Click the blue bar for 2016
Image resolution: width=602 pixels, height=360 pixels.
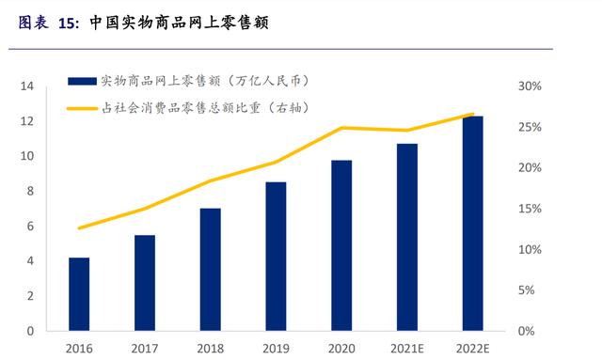[x=80, y=294]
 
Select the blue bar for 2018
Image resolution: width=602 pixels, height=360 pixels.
[x=211, y=270]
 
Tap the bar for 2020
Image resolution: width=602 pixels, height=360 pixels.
[x=341, y=245]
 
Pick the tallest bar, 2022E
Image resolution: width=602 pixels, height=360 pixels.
[x=473, y=224]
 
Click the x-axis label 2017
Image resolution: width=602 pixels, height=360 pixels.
[x=146, y=348]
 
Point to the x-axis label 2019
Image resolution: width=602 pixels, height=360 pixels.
[x=277, y=348]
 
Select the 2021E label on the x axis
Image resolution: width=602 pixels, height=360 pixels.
[x=407, y=348]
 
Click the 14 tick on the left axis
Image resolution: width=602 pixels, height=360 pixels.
[x=27, y=86]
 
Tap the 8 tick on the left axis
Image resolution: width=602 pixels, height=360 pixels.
[x=30, y=192]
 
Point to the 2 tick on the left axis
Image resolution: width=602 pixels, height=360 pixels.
[x=30, y=296]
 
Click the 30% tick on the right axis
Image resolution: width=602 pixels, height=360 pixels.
[x=530, y=86]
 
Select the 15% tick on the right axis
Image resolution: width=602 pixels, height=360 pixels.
[x=530, y=209]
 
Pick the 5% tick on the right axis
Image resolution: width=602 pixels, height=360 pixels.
[x=532, y=290]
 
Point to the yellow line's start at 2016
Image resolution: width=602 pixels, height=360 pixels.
[x=80, y=228]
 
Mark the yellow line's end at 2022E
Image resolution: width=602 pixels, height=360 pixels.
[x=473, y=115]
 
